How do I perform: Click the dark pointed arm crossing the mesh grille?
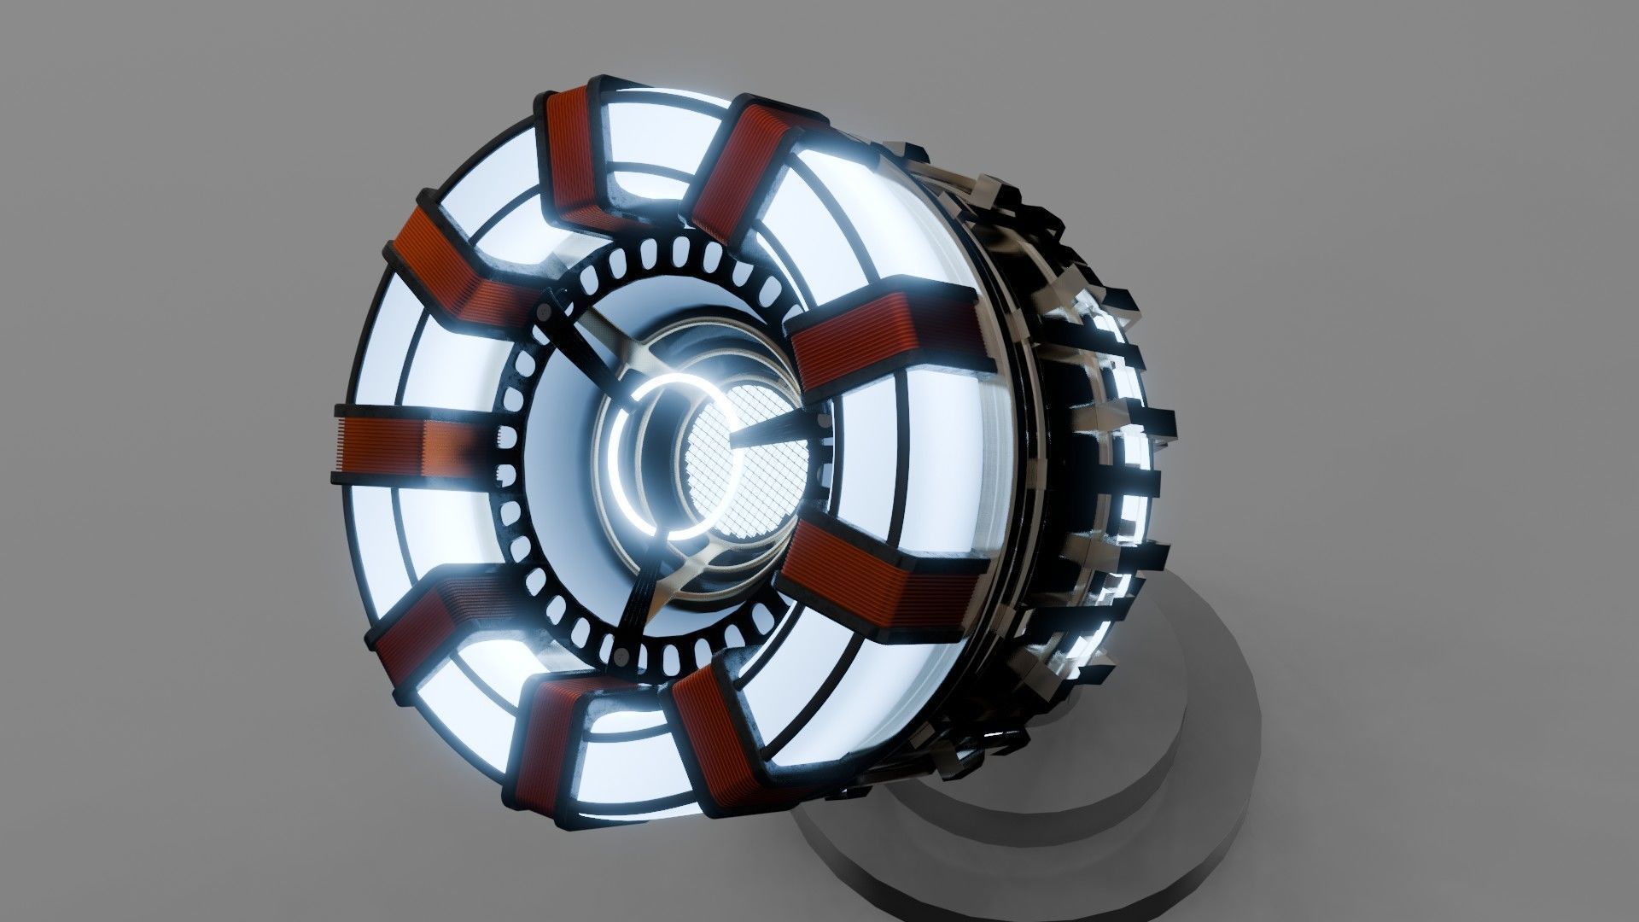pyautogui.click(x=768, y=431)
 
